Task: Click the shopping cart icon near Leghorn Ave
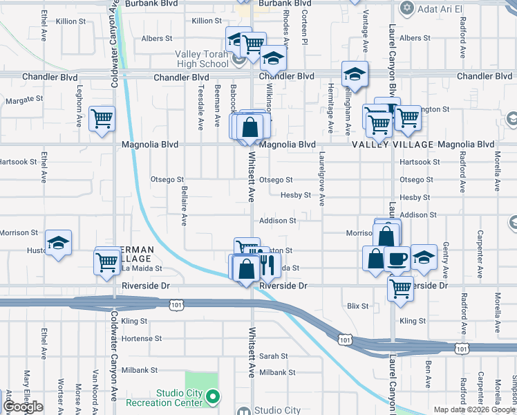coord(102,119)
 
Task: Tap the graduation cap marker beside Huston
coord(58,243)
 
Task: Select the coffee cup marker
coord(397,258)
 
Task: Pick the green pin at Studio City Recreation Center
coord(213,397)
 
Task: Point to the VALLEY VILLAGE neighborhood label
coord(393,145)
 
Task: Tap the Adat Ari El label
coord(440,8)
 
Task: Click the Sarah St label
coord(274,356)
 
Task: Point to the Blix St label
coord(358,305)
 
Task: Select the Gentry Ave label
coord(446,257)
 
